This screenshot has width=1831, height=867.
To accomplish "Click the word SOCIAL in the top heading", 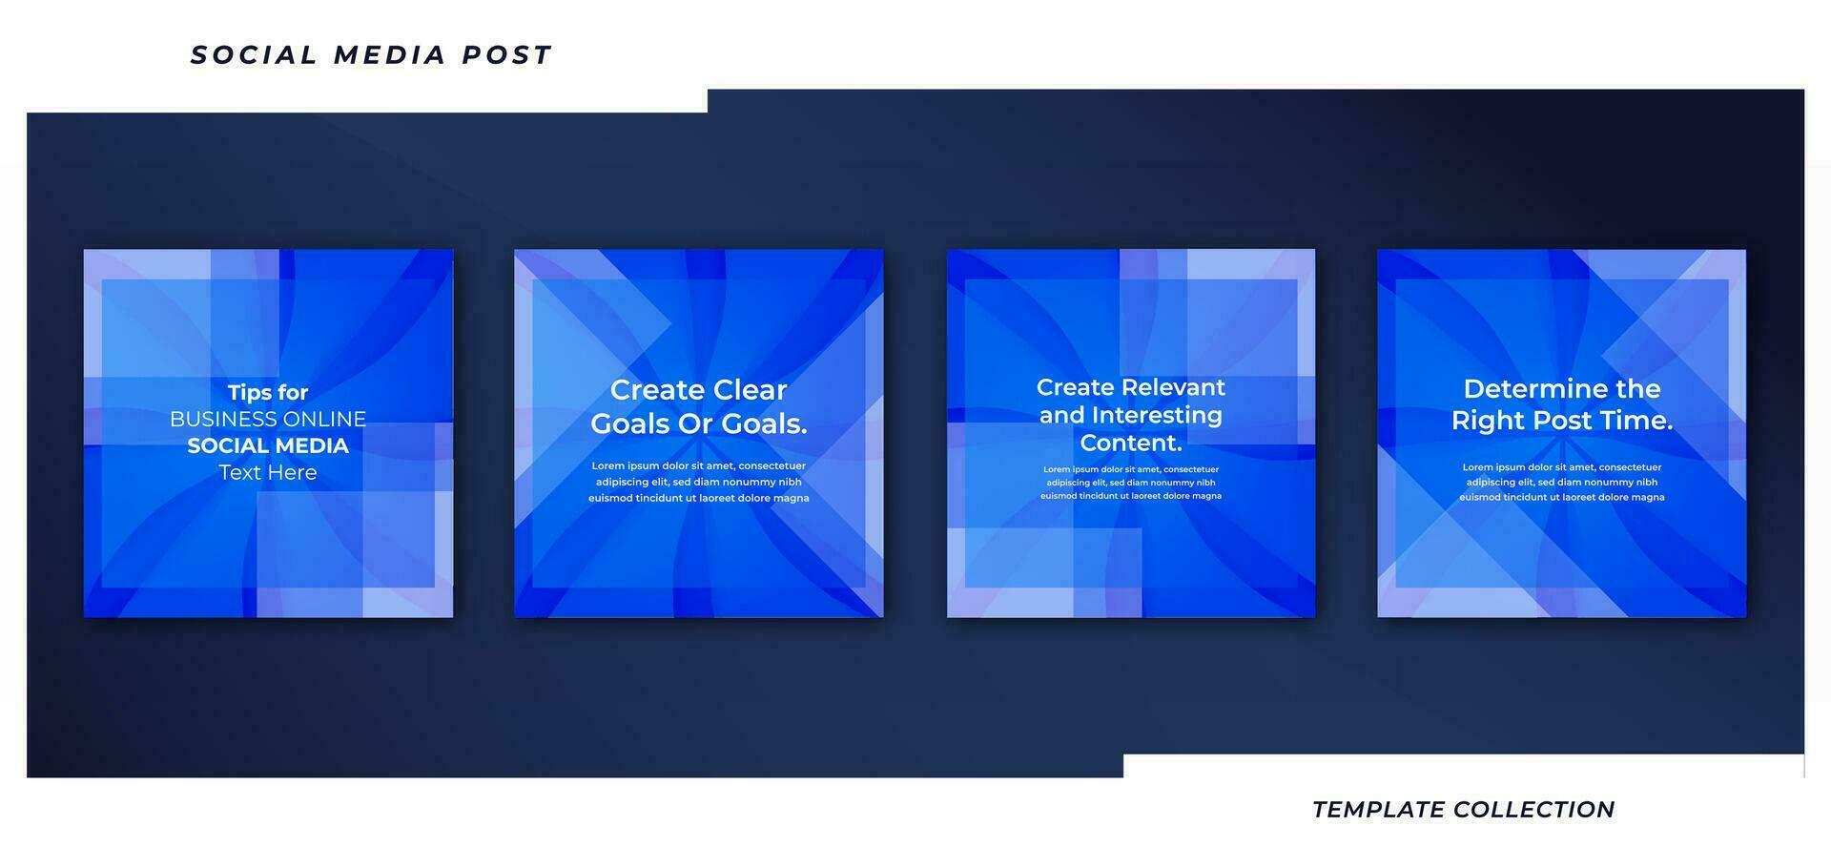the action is pos(254,55).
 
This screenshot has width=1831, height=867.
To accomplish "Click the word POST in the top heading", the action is pos(506,55).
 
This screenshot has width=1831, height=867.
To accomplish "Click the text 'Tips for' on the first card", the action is pos(268,392).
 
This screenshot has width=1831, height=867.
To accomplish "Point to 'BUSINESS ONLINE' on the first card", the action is pos(268,419).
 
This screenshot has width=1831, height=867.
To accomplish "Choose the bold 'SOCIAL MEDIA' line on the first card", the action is pos(268,445).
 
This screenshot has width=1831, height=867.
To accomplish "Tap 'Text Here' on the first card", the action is pos(268,472).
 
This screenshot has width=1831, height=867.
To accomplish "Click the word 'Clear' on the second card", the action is pos(752,389).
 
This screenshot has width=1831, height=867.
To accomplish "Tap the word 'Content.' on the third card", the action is pos(1131,443).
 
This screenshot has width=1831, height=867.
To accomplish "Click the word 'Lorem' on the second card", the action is pos(608,466).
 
